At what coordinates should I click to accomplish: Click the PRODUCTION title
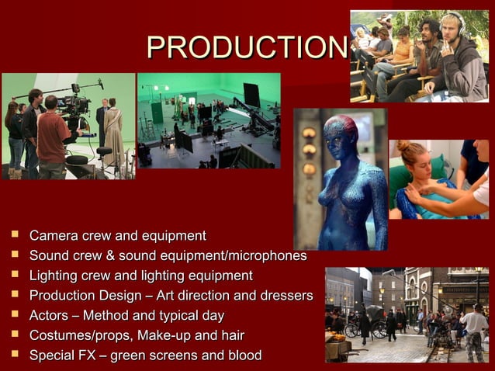[245, 48]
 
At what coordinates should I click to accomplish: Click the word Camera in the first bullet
[52, 235]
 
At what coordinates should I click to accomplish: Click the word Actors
[48, 316]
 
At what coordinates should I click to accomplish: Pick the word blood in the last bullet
[244, 356]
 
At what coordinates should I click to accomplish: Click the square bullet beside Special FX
[15, 355]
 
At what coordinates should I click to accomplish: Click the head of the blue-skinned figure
[341, 133]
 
